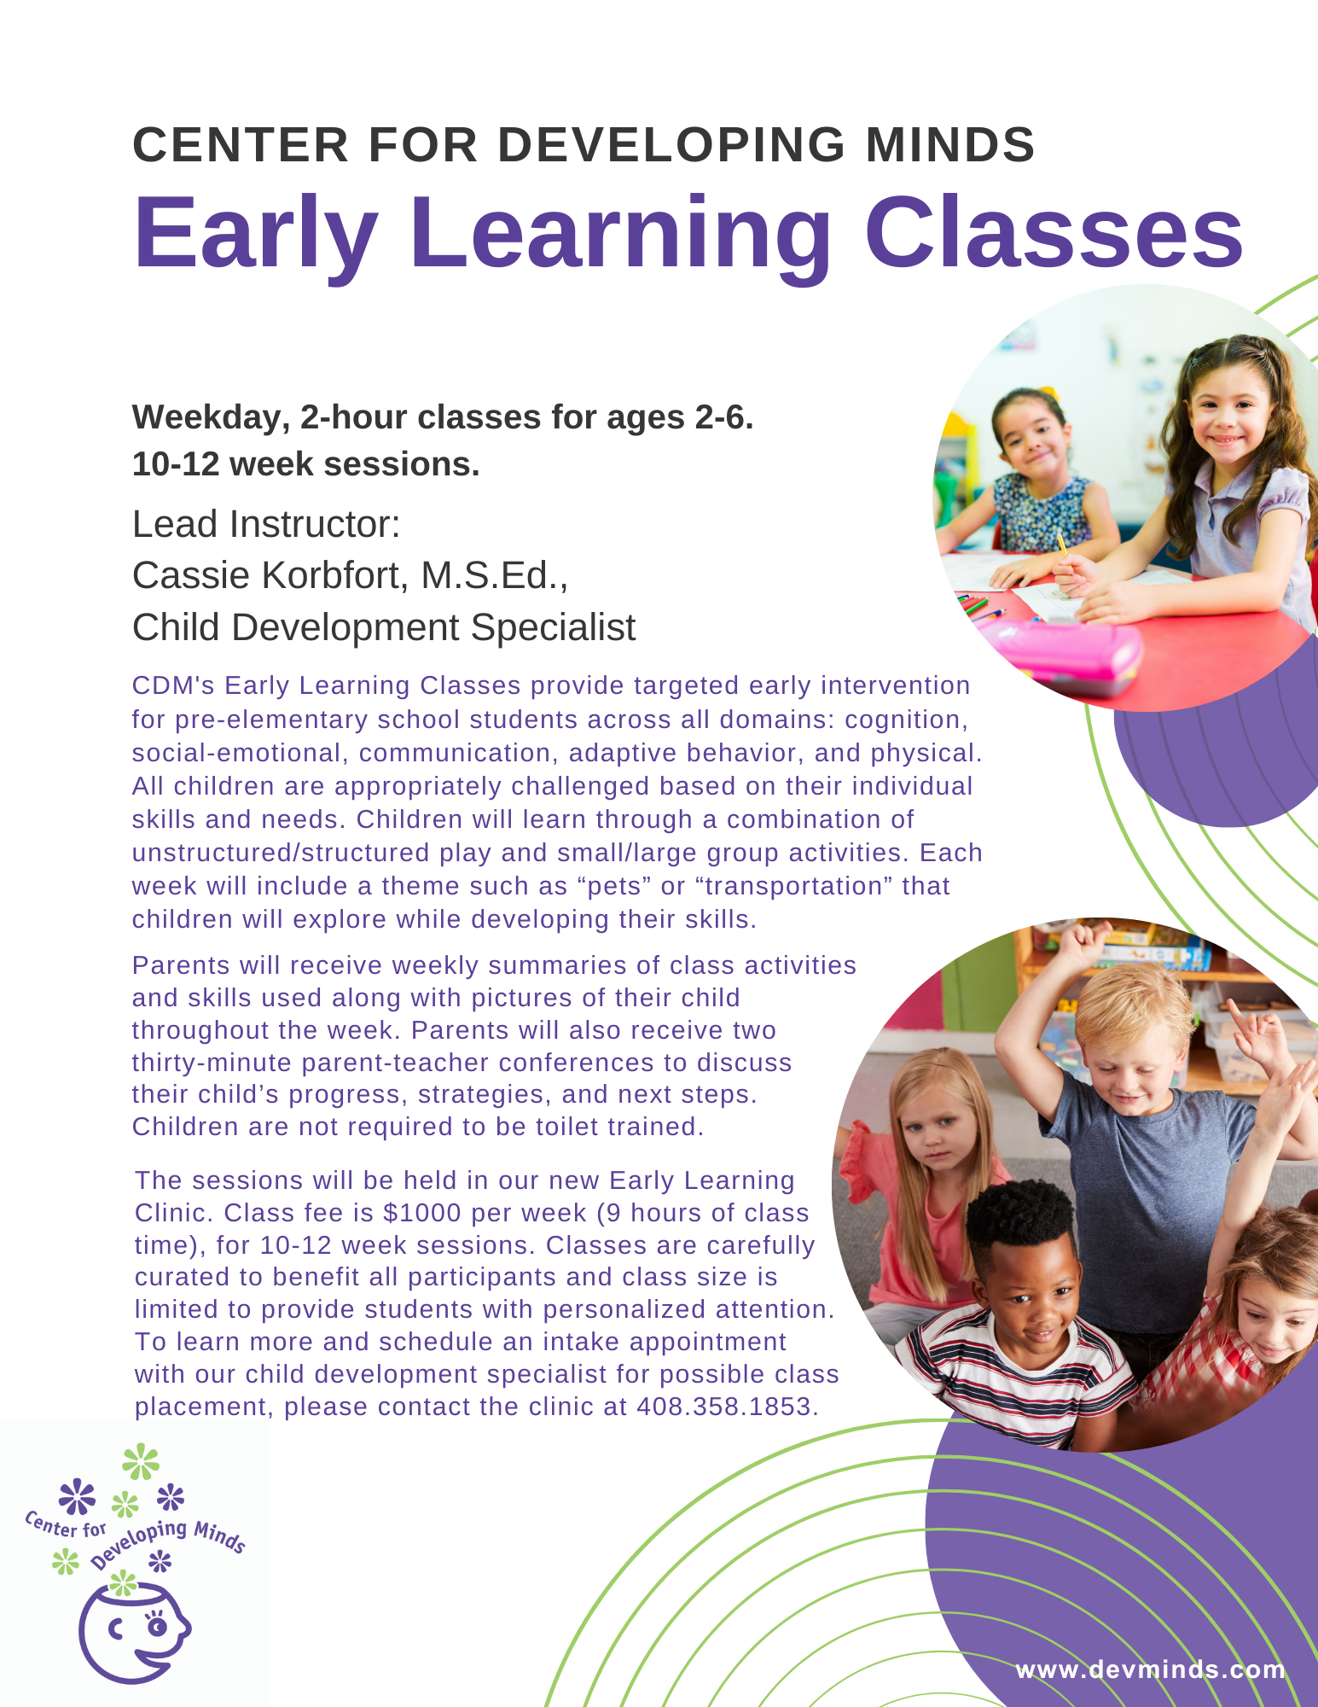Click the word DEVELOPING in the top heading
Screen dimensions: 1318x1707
671,144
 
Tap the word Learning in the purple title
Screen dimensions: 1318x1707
620,234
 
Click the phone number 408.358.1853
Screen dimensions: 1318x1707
727,1407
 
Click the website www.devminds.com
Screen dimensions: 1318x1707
1150,1669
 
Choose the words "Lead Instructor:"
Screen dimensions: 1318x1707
266,524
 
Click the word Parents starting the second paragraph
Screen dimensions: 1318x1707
181,965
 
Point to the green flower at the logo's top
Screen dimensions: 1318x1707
141,1462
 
